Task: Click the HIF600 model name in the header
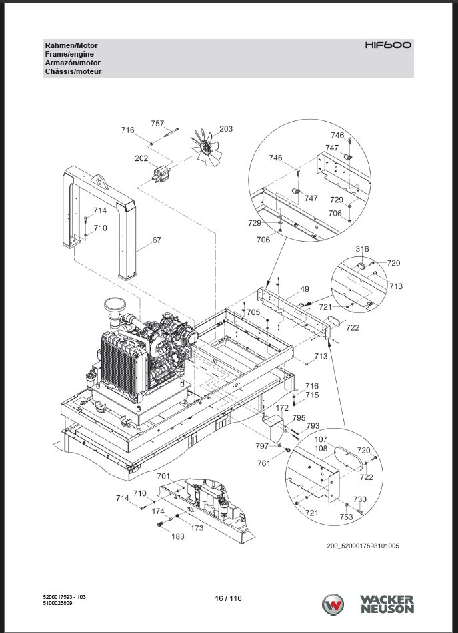coord(388,45)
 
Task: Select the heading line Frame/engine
coord(69,54)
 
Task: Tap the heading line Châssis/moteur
coord(73,71)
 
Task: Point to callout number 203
coord(226,128)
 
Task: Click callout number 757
coord(157,124)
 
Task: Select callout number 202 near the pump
coord(141,158)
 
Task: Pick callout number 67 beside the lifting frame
coord(157,240)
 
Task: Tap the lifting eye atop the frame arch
coord(99,181)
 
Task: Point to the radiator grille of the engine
coord(120,367)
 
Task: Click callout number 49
coord(305,289)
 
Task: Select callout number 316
coord(362,249)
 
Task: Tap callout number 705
coord(253,312)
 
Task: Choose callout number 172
coord(282,408)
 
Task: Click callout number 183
coord(178,536)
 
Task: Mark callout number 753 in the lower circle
coord(346,517)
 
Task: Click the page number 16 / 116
coord(229,598)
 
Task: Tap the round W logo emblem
coord(333,605)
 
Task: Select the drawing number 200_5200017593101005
coord(363,546)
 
